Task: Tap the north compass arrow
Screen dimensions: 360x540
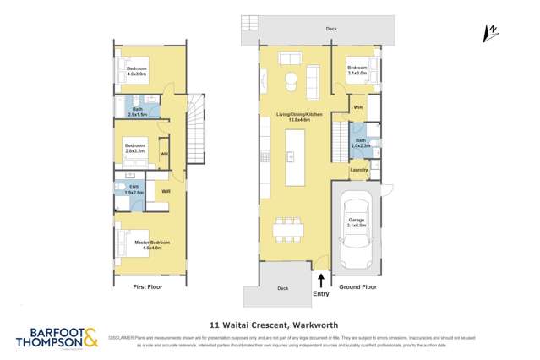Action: point(488,32)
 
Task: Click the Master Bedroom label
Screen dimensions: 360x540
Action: point(152,245)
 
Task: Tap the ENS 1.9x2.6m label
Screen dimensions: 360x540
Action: point(133,190)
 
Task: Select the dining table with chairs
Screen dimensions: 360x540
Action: point(287,228)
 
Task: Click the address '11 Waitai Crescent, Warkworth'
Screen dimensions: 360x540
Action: point(270,322)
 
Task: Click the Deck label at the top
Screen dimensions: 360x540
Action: point(331,29)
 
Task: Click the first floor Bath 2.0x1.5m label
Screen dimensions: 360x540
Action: point(138,110)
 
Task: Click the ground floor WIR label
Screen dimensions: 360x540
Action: point(357,107)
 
